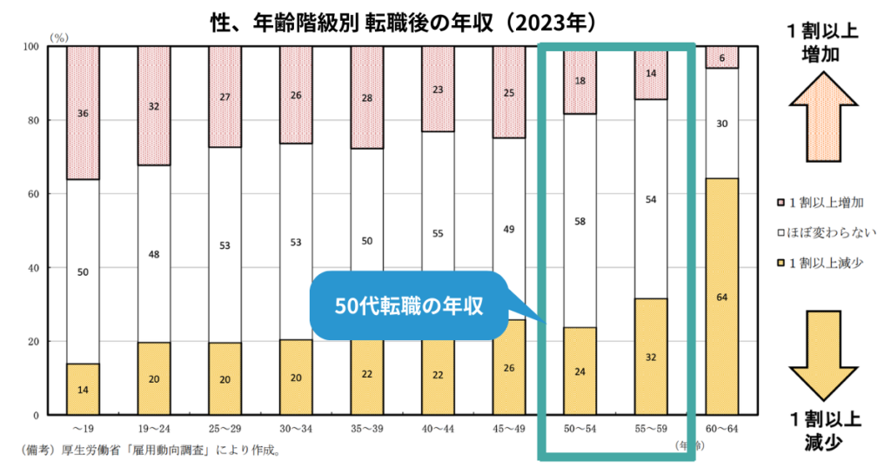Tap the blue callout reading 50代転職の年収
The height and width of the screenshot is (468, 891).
point(409,305)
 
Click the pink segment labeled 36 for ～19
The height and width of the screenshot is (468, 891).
point(83,113)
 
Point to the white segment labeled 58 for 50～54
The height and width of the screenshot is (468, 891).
point(579,221)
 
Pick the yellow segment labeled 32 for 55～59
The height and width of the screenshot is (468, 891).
point(650,356)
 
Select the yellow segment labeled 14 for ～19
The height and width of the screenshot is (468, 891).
point(83,389)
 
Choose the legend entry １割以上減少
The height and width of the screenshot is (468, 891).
point(826,263)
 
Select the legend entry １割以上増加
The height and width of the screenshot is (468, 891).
point(826,202)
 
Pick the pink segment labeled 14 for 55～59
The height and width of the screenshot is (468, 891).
point(650,74)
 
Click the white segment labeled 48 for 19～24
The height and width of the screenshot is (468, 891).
point(154,254)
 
